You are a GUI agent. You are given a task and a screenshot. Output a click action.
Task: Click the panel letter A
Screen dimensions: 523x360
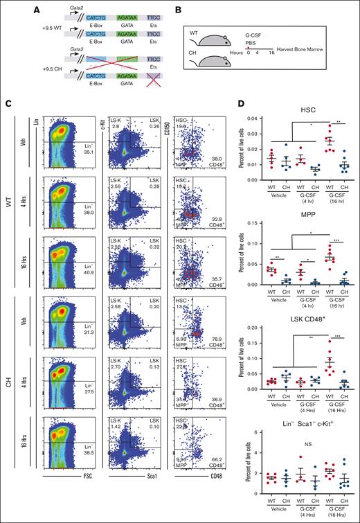pyautogui.click(x=8, y=6)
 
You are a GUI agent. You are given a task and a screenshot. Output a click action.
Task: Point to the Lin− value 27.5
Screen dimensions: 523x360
pyautogui.click(x=76, y=411)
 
